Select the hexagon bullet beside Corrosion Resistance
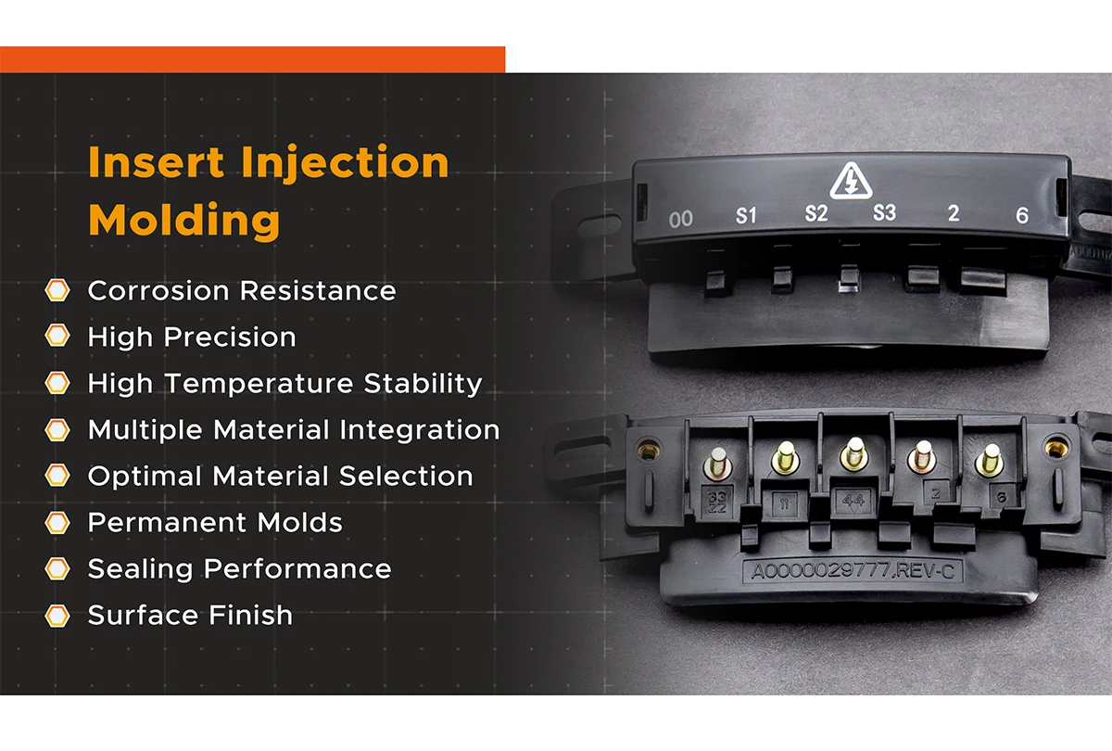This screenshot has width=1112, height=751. point(57,291)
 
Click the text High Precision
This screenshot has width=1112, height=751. point(192,337)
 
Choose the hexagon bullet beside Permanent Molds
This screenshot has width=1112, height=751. point(57,523)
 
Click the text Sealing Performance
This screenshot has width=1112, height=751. point(239,569)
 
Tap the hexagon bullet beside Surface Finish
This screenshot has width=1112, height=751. point(57,616)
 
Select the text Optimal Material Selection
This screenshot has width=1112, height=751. point(280,477)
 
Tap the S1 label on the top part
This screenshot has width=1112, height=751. point(746,216)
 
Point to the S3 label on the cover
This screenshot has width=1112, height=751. point(884,214)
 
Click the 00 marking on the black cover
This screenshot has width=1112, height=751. point(681,220)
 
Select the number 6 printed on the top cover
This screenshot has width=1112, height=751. point(1022,216)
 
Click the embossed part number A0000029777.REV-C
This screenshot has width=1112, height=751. point(853,571)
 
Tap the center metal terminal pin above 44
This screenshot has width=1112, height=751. point(853,453)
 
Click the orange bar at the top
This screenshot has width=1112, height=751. point(252,59)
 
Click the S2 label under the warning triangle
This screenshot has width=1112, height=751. point(815,214)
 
